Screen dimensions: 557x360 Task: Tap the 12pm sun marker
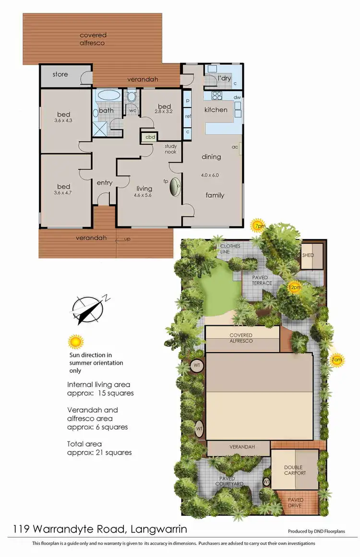click(x=295, y=287)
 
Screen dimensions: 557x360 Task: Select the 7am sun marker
click(x=337, y=359)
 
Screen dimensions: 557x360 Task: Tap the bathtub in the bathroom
click(x=110, y=96)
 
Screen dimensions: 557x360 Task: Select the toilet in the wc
click(x=132, y=97)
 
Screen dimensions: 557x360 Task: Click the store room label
click(x=60, y=74)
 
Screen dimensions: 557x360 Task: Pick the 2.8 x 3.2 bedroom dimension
click(x=164, y=111)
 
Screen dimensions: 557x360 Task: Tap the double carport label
click(x=294, y=470)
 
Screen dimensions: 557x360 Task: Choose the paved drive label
click(x=296, y=503)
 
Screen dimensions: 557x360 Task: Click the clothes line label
click(x=230, y=249)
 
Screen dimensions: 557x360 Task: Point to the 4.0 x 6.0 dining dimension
click(x=210, y=175)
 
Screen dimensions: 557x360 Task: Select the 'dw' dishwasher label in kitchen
click(x=237, y=97)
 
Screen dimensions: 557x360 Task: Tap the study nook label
click(x=170, y=149)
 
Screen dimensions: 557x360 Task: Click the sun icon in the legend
click(x=75, y=342)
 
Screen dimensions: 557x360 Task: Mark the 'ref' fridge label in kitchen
click(x=188, y=116)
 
